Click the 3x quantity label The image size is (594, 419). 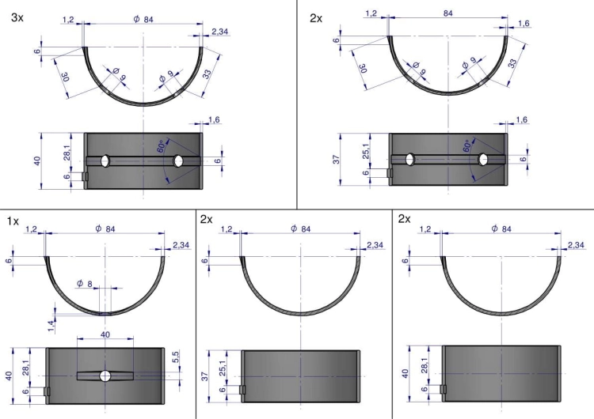[17, 17]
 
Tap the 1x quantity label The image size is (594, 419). [13, 221]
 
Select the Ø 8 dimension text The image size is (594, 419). [85, 283]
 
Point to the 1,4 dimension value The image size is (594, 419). [51, 324]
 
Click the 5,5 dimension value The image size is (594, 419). [176, 357]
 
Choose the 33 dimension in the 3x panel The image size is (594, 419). [207, 74]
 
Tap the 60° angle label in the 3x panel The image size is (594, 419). [161, 146]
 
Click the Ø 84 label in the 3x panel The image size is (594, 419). [143, 19]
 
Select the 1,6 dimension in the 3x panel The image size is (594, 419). [214, 120]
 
